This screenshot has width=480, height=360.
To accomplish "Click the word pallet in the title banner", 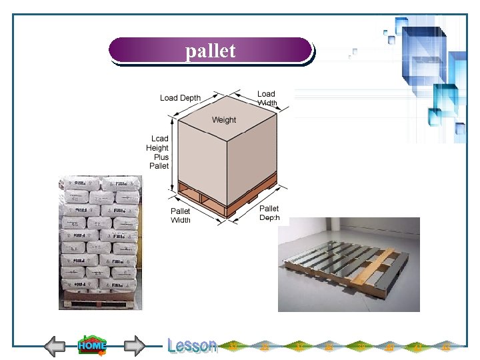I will pos(210,51).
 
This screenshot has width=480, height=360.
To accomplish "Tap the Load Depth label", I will pos(180,98).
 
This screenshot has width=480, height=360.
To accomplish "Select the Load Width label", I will pos(266,98).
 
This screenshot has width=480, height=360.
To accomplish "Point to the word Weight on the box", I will pos(223,120).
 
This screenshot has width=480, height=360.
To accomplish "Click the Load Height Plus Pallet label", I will pos(158,152).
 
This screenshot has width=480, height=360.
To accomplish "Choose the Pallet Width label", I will pos(180,215).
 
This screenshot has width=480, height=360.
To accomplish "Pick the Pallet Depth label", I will pos(269,213).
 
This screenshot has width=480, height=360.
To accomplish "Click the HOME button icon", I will pos(92,345).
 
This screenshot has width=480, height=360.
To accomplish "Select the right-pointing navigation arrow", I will pos(135,346).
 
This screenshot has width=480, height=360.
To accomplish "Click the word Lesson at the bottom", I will pos(192,345).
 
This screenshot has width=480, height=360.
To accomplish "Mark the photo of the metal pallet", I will pos(349,265).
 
